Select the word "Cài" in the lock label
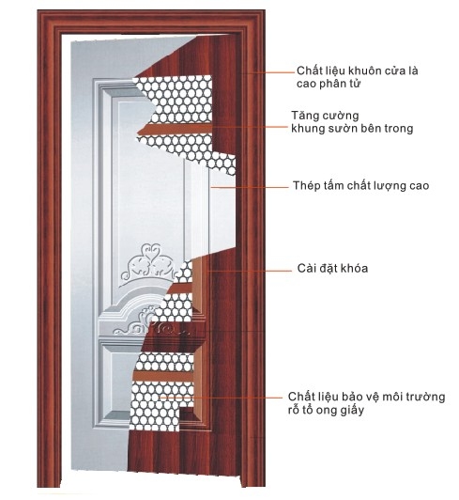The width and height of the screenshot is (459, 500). coord(306,268)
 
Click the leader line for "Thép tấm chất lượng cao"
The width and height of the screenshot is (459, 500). coord(249,188)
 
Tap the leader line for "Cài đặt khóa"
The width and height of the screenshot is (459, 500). coord(249,272)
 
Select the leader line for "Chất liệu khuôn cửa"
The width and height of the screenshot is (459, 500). coord(268,72)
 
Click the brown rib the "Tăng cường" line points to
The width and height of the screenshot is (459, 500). coord(175,129)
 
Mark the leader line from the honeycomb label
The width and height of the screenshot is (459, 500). coord(222,398)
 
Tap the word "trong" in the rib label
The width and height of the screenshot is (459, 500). coord(398,129)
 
